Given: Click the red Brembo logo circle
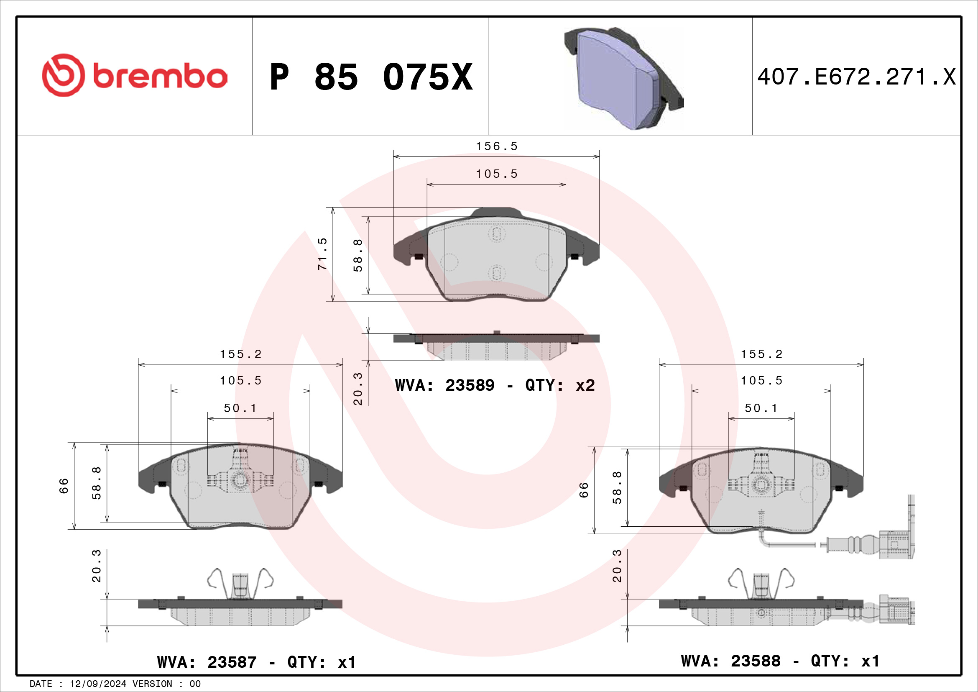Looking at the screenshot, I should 63,75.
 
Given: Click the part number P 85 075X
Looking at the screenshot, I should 371,77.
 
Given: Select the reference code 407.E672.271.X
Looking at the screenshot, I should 856,77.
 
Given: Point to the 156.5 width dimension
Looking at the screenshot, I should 496,146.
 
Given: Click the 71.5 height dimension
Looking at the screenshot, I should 322,254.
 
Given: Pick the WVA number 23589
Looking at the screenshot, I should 470,385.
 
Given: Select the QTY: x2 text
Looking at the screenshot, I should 560,385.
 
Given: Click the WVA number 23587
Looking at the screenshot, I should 232,662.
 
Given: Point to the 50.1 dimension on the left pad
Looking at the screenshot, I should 240,408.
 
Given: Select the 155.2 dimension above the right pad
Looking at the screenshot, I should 761,354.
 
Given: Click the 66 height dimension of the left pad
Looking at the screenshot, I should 64,486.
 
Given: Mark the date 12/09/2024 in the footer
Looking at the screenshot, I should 98,684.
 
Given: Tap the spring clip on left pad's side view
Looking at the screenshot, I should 240,584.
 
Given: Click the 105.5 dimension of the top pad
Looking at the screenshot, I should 496,174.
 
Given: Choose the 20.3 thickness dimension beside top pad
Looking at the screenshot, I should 358,389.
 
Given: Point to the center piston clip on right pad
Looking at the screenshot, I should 761,484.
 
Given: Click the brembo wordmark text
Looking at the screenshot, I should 160,76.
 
